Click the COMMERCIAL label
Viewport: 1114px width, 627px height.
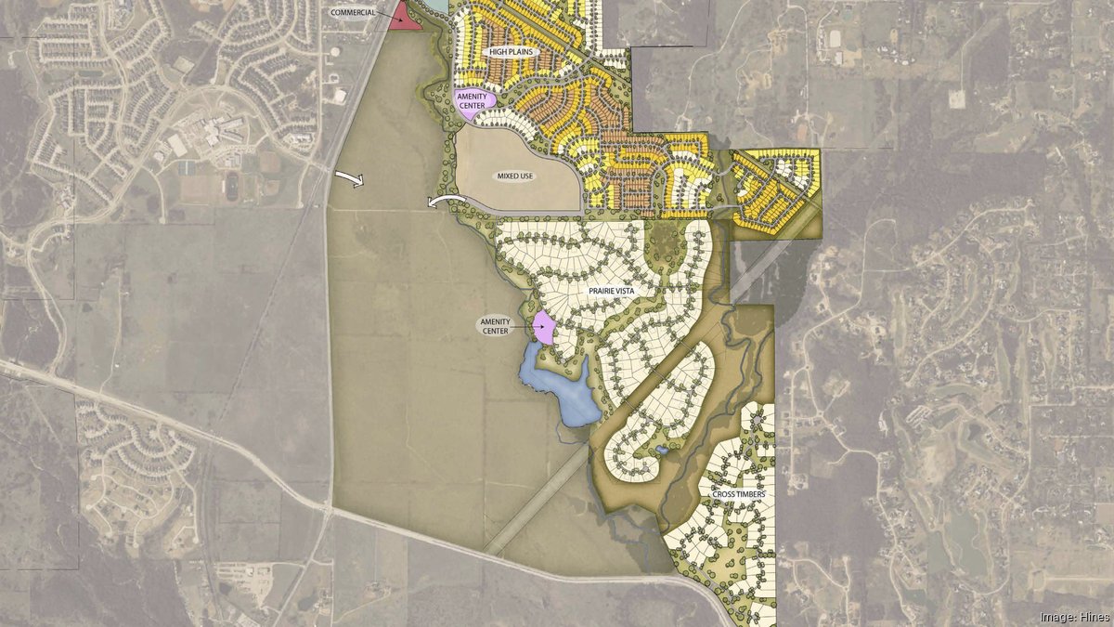(353, 12)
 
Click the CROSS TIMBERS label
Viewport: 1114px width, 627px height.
(739, 494)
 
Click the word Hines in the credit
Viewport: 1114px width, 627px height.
(1090, 616)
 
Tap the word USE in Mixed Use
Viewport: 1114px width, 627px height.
(531, 176)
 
